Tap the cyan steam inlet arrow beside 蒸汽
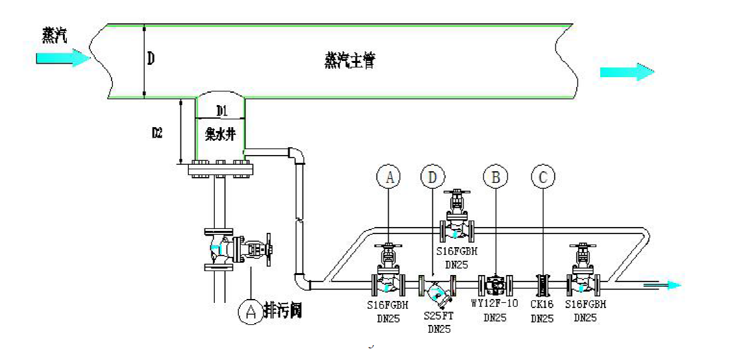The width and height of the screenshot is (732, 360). pyautogui.click(x=62, y=58)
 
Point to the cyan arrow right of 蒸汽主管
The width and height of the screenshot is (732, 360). pyautogui.click(x=627, y=71)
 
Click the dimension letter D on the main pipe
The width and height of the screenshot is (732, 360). pyautogui.click(x=151, y=60)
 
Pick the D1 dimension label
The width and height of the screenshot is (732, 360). pyautogui.click(x=221, y=110)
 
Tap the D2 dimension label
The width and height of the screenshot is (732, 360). pyautogui.click(x=157, y=133)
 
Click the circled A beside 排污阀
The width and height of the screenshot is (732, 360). pyautogui.click(x=249, y=312)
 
